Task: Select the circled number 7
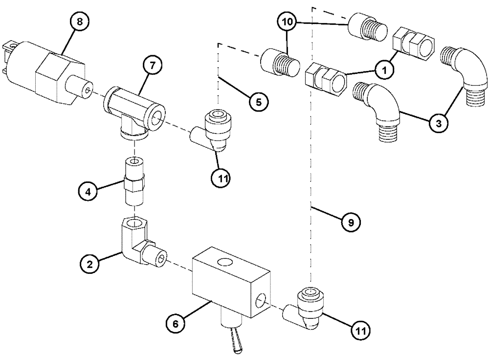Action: [153, 66]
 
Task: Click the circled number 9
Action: [351, 222]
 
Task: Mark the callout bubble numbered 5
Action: [259, 101]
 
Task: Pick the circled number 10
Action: [288, 22]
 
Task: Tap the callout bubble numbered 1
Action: [385, 71]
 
